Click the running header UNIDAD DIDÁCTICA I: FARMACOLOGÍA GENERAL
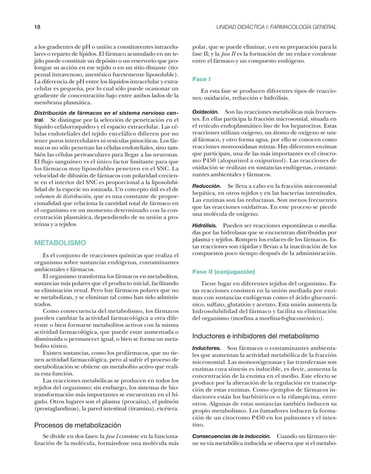point(276,27)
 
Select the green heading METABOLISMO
point(60,243)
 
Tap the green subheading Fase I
point(201,79)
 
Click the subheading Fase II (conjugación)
point(224,272)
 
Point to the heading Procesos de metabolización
point(78,425)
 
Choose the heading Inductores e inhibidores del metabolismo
point(256,336)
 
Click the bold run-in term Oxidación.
point(205,112)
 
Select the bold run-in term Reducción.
point(206,186)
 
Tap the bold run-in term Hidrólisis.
point(204,226)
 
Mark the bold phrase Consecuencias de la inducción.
point(231,436)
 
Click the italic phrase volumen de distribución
point(63,197)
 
